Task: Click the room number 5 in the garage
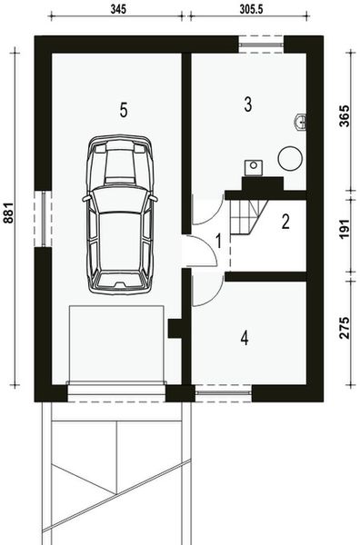[124, 109]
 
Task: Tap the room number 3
[247, 104]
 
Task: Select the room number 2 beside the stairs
[285, 221]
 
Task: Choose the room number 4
[244, 338]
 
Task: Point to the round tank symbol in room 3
[289, 158]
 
